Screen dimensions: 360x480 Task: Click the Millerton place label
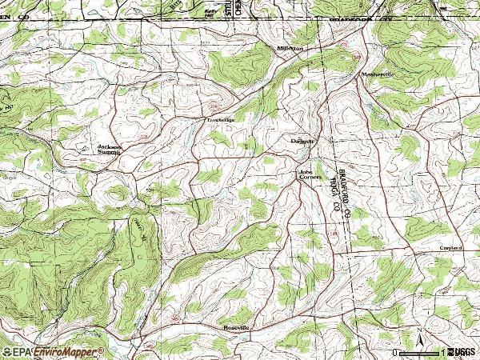coord(290,49)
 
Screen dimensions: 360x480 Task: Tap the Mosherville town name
coord(379,74)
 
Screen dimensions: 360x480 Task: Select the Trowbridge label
coord(221,120)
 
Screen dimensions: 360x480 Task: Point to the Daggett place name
coord(302,140)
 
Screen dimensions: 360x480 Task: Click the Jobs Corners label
coord(310,174)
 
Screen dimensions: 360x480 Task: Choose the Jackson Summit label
coord(109,150)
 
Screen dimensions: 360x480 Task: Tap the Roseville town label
coord(237,328)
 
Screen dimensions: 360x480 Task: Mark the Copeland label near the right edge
coord(450,249)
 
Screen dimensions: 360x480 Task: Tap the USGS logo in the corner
coord(461,352)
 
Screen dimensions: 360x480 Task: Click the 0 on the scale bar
coord(396,352)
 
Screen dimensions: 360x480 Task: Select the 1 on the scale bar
coord(442,352)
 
